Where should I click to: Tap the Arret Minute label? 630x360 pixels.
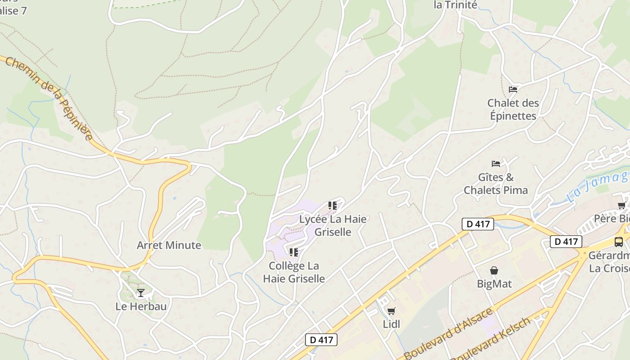coord(169,245)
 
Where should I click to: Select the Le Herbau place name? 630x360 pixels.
coord(141,306)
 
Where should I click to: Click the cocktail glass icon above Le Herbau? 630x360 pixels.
coord(141,293)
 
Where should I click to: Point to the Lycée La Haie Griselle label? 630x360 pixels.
coord(333,225)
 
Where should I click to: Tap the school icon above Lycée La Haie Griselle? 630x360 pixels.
coord(333,206)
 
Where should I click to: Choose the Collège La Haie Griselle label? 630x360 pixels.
coord(294,272)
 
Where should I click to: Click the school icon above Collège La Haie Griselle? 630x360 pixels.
coord(294,252)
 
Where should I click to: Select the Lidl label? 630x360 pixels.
coord(391,324)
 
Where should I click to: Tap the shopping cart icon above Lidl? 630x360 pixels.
coord(391,311)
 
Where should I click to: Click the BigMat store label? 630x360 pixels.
coord(494,284)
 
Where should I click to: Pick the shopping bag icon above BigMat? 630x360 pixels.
coord(494,270)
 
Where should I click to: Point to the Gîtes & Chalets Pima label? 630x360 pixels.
coord(495,184)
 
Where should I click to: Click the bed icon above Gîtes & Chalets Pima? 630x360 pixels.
coord(496,163)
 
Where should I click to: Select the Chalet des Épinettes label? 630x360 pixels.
coord(513,109)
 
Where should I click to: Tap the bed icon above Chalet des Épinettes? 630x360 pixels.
coord(513,89)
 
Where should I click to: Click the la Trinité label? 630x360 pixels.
coord(455,5)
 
